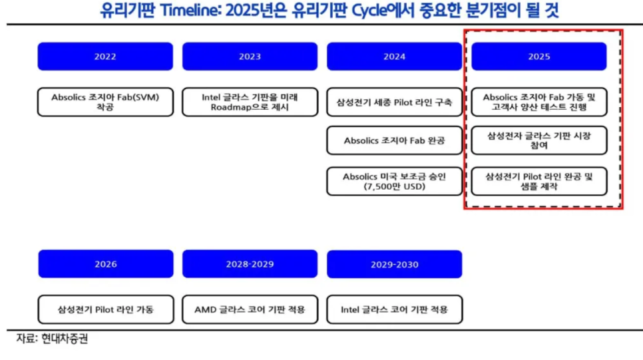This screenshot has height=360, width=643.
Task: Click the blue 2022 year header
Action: pos(105,56)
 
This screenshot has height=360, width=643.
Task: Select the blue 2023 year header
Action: pos(250,56)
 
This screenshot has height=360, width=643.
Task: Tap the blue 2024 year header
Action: pos(395,56)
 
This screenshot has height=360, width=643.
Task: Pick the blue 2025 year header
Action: pos(539,56)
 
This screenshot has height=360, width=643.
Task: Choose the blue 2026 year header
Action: pos(106,264)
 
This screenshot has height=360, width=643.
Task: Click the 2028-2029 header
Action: pos(250,264)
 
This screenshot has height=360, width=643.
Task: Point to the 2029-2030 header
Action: pos(395,264)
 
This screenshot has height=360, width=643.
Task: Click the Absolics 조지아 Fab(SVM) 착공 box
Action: pos(105,102)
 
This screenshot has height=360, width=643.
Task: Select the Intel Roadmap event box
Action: pos(250,102)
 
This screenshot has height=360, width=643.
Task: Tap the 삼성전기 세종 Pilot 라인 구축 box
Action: pos(395,102)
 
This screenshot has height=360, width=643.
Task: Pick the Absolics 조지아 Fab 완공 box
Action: pos(395,140)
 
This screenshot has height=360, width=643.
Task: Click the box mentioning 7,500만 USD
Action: pos(395,181)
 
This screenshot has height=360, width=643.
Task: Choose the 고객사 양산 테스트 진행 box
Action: pos(539,102)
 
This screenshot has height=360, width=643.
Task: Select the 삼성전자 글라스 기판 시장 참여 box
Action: pos(539,140)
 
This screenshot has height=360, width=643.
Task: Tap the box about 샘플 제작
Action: pos(539,181)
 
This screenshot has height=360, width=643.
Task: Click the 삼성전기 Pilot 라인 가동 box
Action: pos(106,309)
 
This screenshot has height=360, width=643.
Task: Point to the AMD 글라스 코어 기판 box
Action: pos(250,309)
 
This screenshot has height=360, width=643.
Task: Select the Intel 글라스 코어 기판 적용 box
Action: pos(395,309)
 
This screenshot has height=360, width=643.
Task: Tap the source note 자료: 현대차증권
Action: pos(52,339)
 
